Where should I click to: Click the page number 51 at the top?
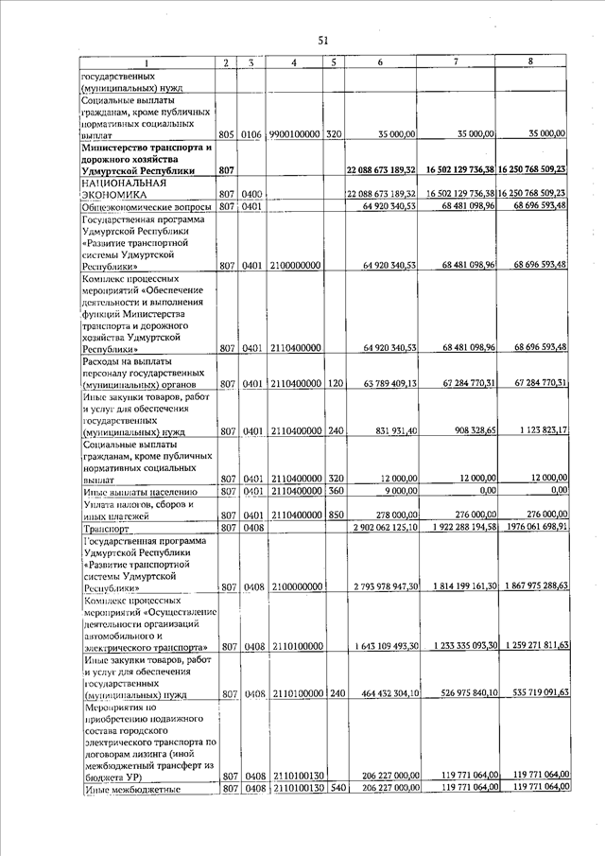[322, 40]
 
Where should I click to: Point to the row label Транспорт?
[106, 527]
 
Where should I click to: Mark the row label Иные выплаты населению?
[139, 491]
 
